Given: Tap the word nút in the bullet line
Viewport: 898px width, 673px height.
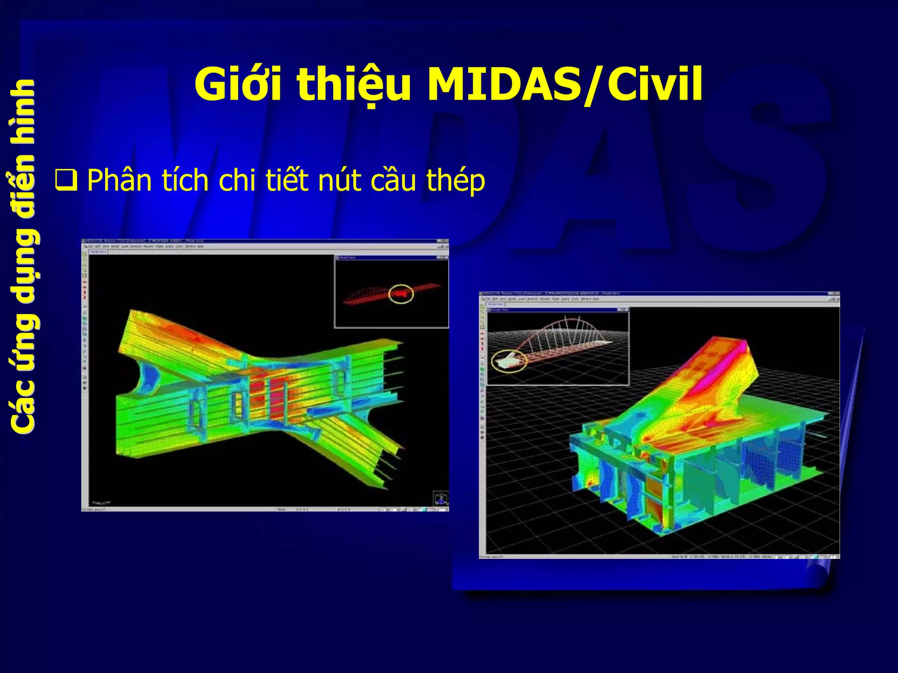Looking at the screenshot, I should (x=338, y=181).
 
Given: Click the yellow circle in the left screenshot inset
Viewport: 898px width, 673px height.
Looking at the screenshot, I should (x=401, y=294).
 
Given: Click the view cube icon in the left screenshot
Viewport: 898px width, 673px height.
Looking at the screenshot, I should (x=440, y=498).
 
